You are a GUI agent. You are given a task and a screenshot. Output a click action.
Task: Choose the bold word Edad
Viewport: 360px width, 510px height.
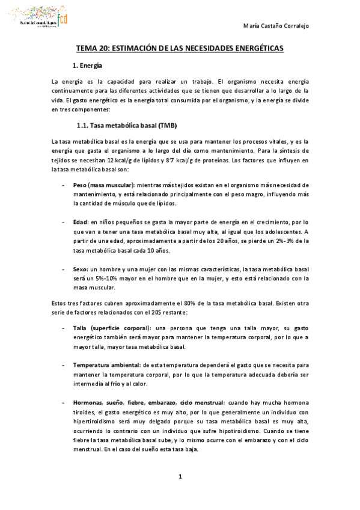pos(81,221)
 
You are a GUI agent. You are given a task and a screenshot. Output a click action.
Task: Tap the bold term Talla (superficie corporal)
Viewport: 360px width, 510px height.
pos(111,328)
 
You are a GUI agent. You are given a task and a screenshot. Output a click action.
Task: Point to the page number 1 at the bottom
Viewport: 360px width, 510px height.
pos(180,477)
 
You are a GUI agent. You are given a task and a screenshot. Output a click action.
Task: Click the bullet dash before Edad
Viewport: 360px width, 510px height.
pos(64,221)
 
